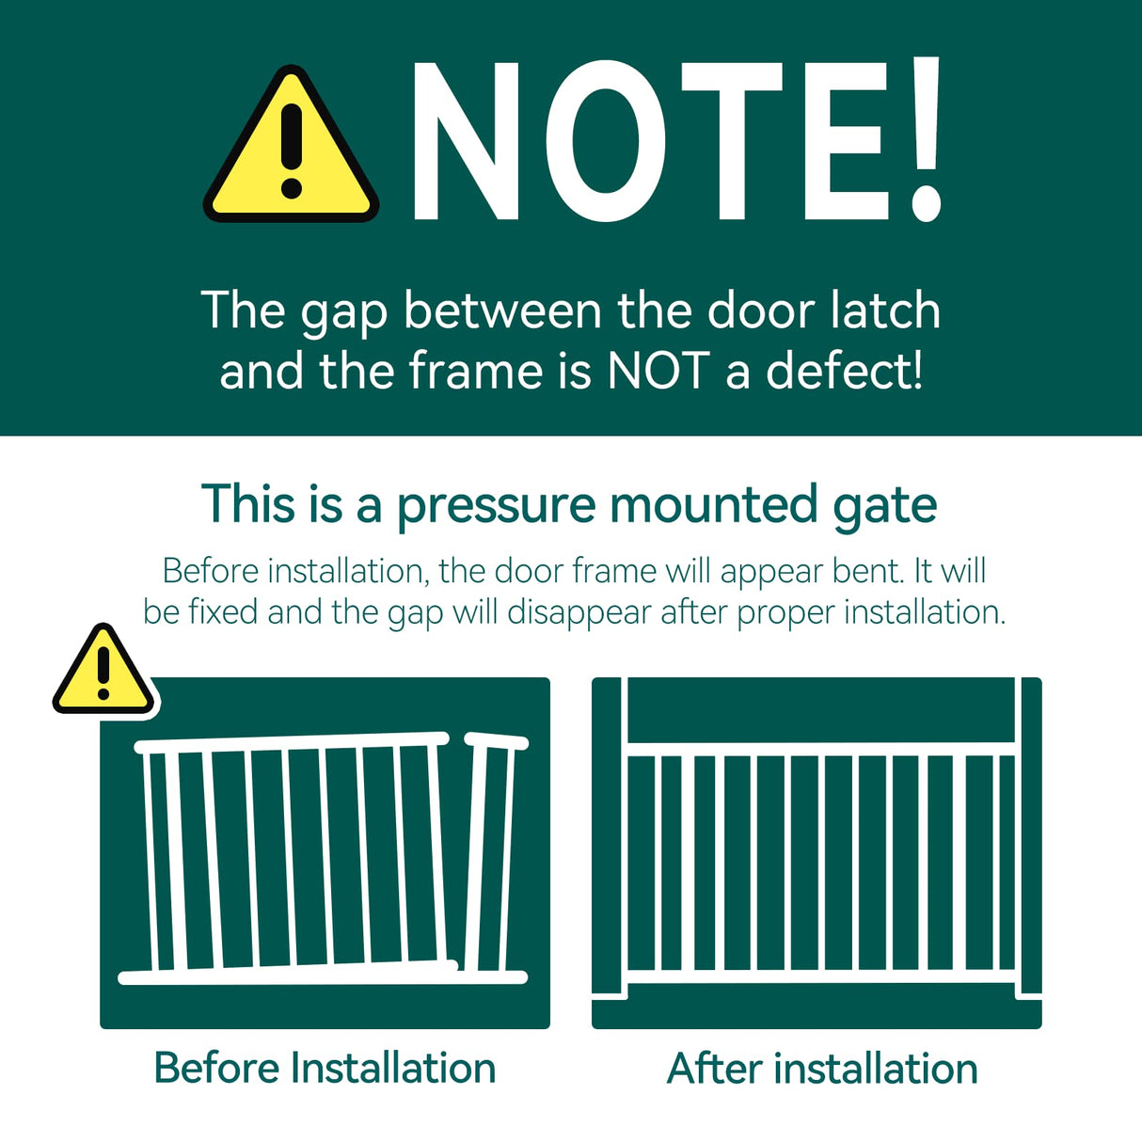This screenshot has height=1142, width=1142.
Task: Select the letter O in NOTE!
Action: point(606,143)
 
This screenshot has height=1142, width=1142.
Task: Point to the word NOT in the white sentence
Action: point(657,371)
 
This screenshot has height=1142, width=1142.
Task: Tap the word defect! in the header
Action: point(844,371)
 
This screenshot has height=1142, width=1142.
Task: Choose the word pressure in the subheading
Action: point(496,505)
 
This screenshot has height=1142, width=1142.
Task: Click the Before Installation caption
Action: point(325,1069)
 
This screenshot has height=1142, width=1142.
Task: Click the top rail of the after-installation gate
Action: point(820,749)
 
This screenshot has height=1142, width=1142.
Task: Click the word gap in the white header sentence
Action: point(344,312)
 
